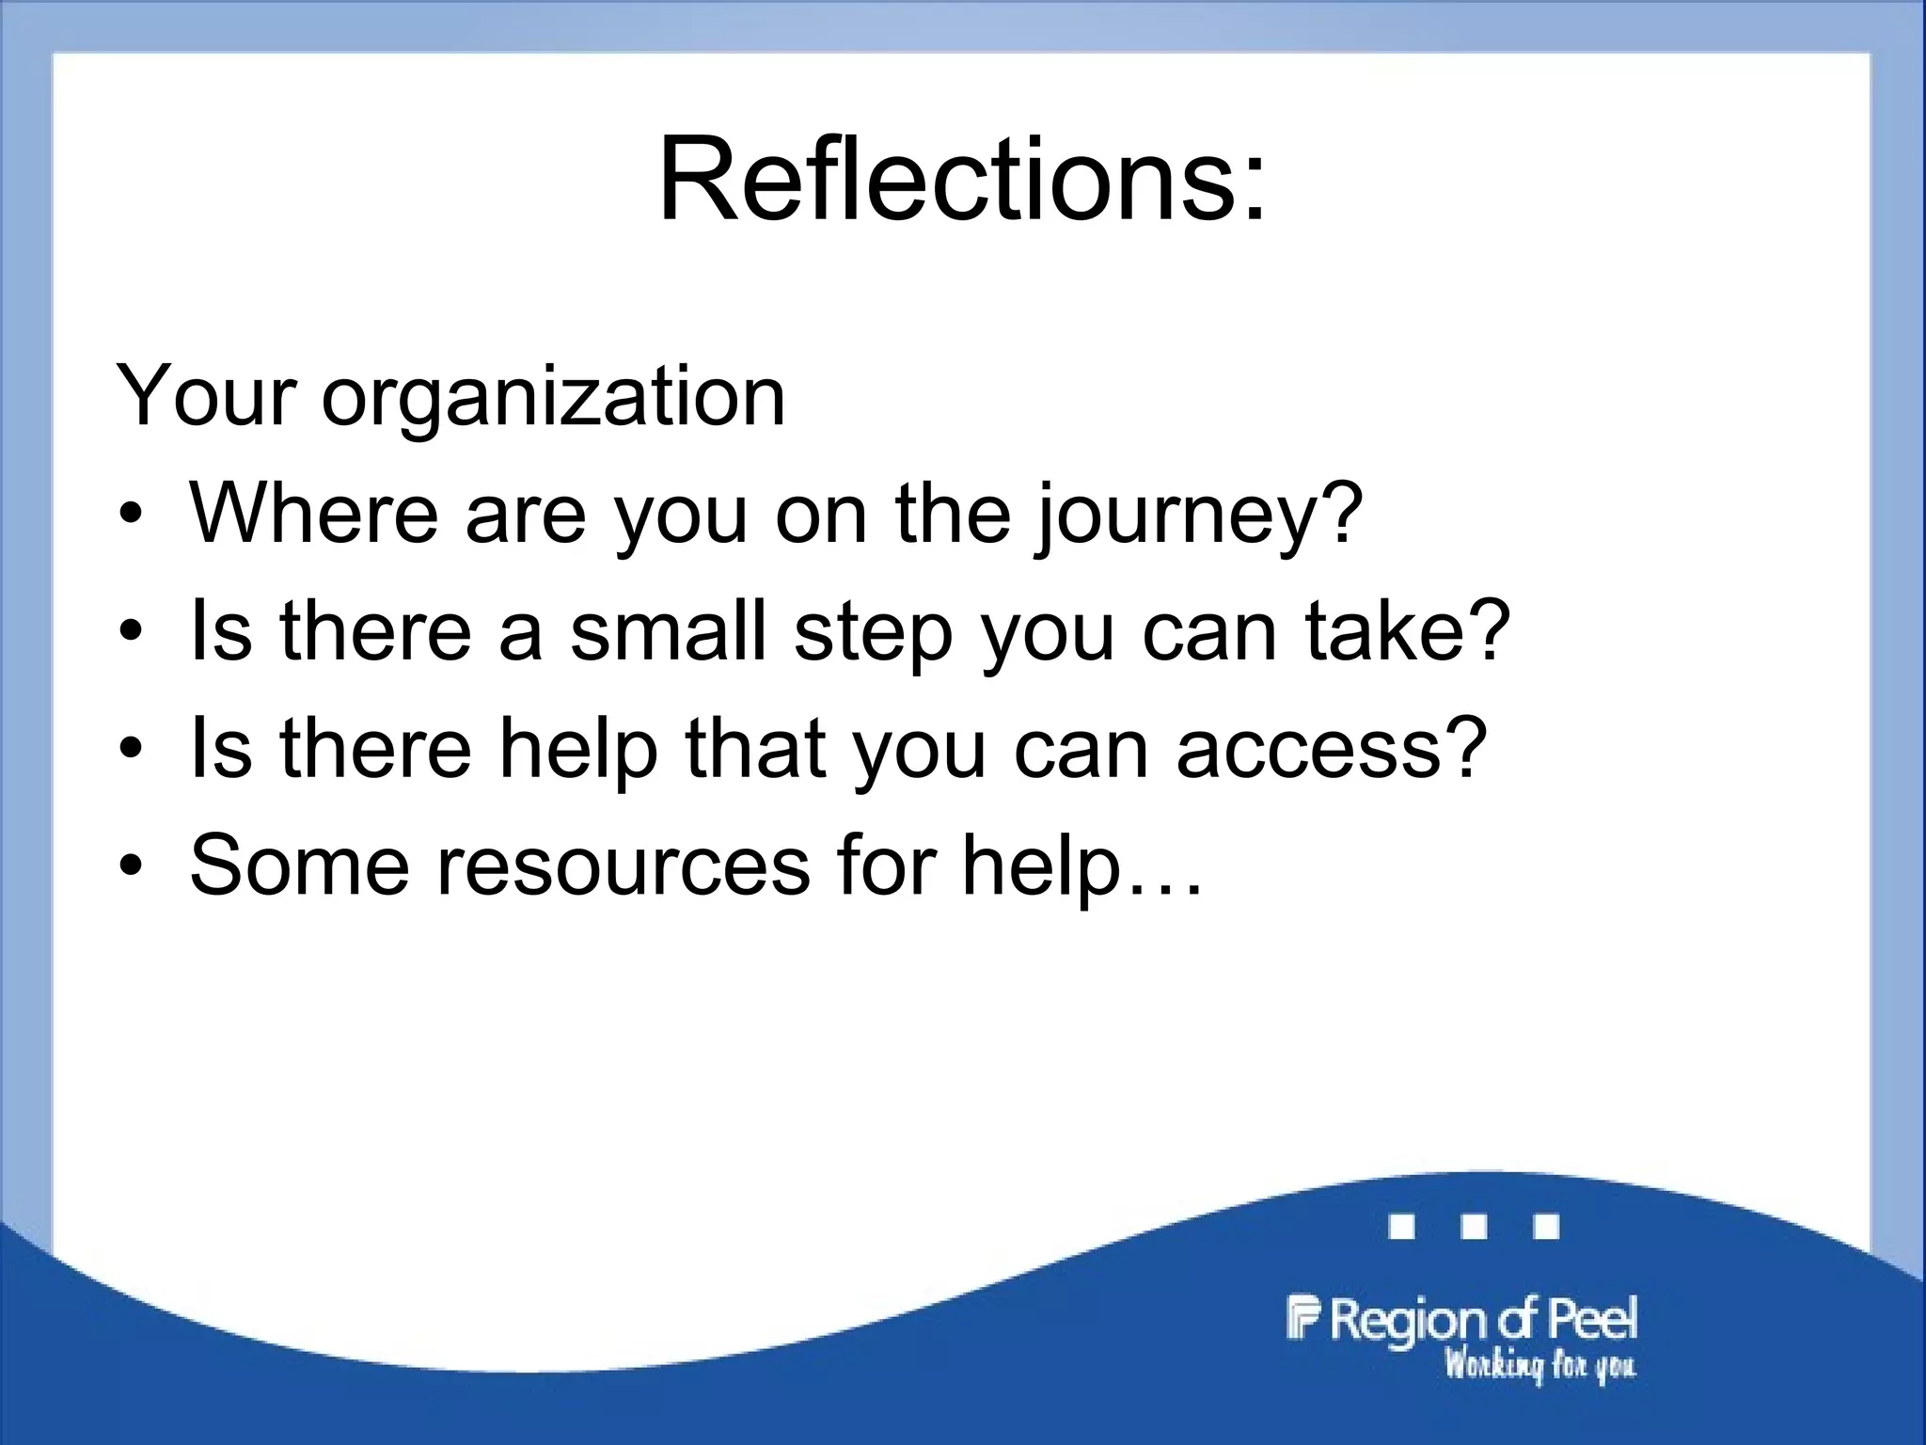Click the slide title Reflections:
[x=962, y=179]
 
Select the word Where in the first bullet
[x=314, y=513]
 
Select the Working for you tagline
[x=1539, y=1365]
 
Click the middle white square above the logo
[x=1474, y=1227]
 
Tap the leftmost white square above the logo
[x=1401, y=1227]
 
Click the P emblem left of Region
[x=1303, y=1317]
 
